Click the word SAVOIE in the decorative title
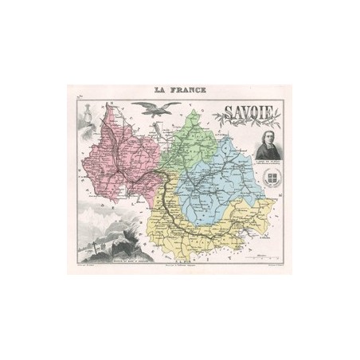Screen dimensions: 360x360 click(251, 116)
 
